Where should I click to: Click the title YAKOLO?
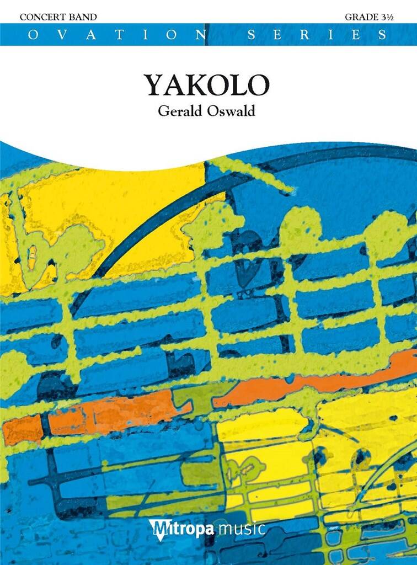point(207,84)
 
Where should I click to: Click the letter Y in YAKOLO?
point(155,84)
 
